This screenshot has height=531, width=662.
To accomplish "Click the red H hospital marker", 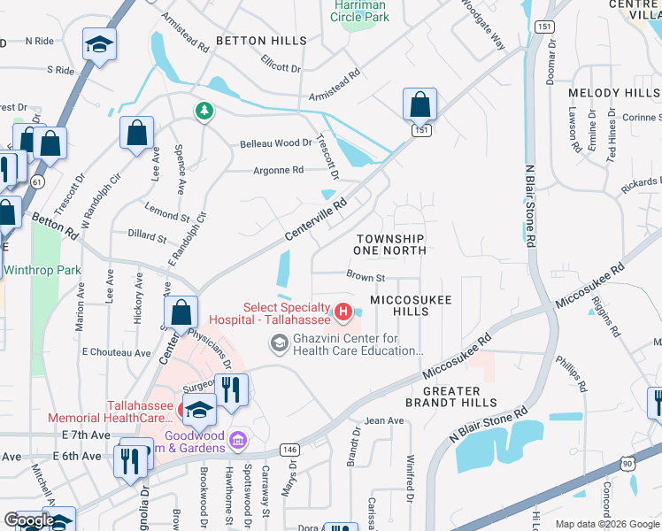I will [343, 312].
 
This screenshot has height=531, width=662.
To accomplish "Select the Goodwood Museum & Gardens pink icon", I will [237, 440].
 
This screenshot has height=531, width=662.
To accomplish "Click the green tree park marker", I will [204, 111].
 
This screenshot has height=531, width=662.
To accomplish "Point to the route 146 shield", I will [289, 450].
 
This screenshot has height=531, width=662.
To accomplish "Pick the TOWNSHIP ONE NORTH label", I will [390, 245].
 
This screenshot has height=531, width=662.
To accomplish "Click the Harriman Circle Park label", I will [360, 11].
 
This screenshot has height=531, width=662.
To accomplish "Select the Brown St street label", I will [366, 277].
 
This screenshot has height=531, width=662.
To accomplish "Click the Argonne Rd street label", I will [278, 170].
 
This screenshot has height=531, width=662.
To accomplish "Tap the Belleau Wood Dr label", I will [276, 143].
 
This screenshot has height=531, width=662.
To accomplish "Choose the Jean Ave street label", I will [383, 420].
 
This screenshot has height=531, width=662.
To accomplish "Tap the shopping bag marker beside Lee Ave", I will [137, 135].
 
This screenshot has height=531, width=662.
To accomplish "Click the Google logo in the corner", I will [28, 520].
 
